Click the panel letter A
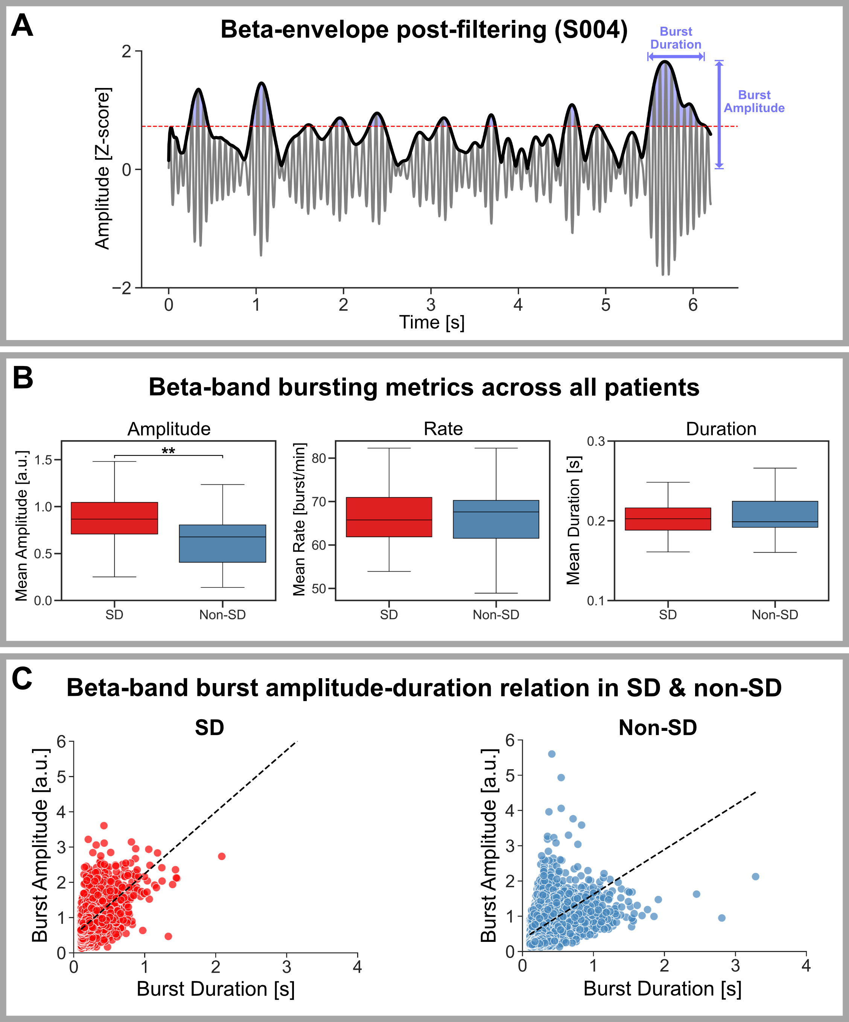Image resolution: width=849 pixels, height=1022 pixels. coord(23,26)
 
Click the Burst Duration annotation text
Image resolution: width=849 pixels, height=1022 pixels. coord(676,38)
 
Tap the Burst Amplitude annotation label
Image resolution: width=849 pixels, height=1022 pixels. coord(754,101)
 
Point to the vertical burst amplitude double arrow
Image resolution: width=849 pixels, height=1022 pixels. coord(719,114)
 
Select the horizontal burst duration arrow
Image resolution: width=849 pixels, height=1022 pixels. coord(676,57)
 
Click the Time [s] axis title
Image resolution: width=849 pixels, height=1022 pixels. coord(432,323)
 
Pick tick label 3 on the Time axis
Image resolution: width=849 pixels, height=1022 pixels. coord(431,305)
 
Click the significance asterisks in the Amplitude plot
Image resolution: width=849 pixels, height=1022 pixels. coord(169,451)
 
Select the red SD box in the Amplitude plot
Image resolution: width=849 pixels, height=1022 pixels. coord(114,518)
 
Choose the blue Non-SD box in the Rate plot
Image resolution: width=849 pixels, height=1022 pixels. coord(496,519)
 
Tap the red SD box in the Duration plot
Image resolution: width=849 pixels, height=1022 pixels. coord(668,519)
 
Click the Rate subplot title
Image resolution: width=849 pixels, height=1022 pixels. coord(443,429)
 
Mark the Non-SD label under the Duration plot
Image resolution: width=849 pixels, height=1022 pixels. coord(775,615)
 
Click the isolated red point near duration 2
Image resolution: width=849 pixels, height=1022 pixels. coord(222,856)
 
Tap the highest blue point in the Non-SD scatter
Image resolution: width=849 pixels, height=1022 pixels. coord(552,754)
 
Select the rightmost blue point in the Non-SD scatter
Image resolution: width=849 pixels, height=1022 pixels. coord(756,876)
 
